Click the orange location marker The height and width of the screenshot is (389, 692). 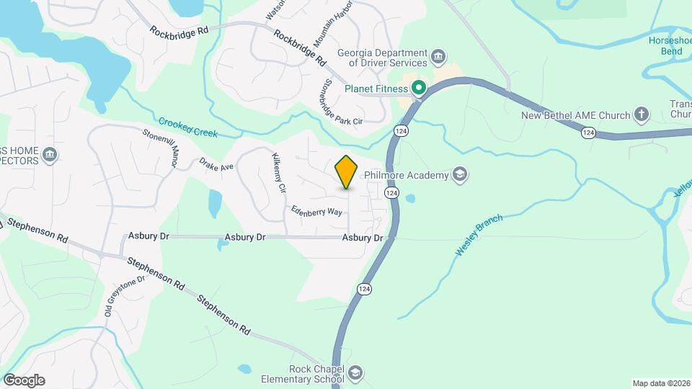(347, 171)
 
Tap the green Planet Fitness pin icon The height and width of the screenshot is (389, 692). (419, 89)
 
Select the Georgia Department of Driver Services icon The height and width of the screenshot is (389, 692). (438, 57)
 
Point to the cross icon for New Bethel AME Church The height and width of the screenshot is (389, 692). (641, 114)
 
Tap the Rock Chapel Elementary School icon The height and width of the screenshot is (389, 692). (355, 372)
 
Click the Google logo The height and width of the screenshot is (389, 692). (24, 380)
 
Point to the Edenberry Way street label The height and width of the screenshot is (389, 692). (316, 211)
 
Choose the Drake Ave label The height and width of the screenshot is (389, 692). (217, 166)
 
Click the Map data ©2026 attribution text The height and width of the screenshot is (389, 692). (661, 383)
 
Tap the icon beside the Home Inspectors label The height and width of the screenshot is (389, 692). (50, 155)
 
